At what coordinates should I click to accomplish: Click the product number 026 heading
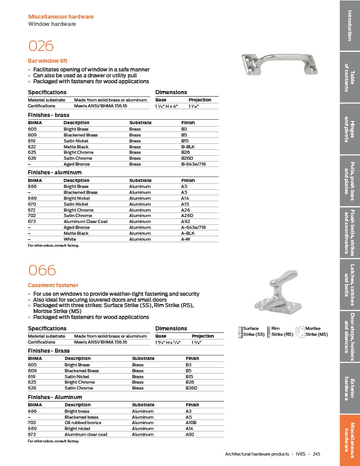point(41,46)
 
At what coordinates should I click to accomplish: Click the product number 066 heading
point(42,270)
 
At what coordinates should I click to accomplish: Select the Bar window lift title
point(47,61)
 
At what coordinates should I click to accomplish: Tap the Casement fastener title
point(53,285)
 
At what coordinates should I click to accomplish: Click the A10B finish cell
point(191,423)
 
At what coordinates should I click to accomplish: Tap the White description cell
point(70,239)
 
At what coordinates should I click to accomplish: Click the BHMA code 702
point(32,216)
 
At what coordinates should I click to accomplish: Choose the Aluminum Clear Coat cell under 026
point(86,222)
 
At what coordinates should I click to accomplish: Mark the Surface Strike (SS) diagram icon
point(240,332)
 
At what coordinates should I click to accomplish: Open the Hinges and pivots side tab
point(350,129)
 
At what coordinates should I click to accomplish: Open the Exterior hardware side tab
point(350,389)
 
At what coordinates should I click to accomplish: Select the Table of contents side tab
point(350,77)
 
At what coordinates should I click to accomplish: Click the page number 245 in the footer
point(316,454)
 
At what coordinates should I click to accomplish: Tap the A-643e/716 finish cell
point(193,228)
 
